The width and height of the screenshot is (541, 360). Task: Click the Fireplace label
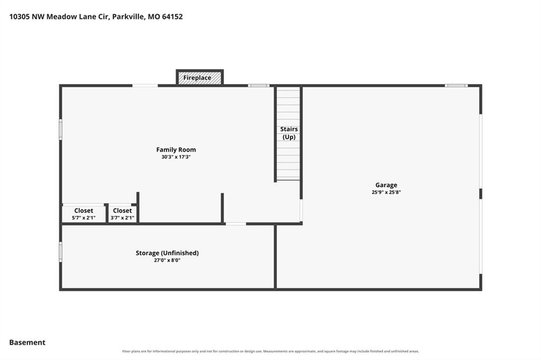[x=197, y=78]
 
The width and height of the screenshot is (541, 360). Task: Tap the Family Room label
[x=176, y=149]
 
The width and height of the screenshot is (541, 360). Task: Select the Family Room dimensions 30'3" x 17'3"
[x=176, y=157]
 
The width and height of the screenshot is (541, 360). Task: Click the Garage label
[x=386, y=185]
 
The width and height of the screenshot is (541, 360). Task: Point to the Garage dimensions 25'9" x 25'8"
[x=386, y=193]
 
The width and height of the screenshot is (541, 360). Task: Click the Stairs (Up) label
[x=289, y=133]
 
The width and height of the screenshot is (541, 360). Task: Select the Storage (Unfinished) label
[x=167, y=253]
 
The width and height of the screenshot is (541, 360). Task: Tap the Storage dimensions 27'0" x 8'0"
[x=167, y=260]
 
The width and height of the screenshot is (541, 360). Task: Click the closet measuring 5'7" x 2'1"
[x=83, y=214]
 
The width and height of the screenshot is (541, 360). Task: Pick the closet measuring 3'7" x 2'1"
[x=122, y=214]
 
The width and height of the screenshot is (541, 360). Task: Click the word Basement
[x=27, y=343]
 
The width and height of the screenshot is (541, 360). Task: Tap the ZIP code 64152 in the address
[x=172, y=16]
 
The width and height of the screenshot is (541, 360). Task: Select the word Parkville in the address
[x=128, y=16]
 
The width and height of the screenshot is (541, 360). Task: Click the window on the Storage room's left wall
[x=61, y=252]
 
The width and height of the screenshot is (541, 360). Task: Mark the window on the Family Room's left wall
[x=61, y=130]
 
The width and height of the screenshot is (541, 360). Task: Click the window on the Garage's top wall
[x=456, y=86]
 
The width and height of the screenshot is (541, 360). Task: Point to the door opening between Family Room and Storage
[x=236, y=224]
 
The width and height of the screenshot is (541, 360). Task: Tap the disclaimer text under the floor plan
[x=270, y=352]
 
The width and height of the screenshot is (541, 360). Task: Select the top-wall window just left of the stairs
[x=258, y=86]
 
